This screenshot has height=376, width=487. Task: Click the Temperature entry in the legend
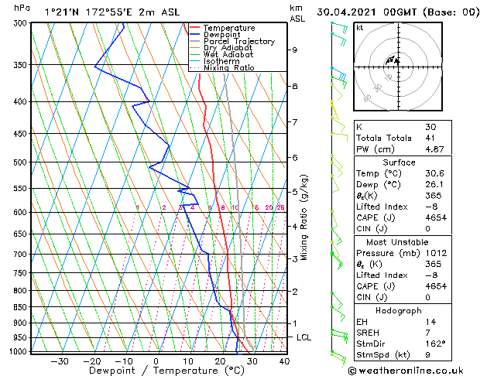coord(229,28)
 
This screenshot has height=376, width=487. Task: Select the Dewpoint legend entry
coord(224,35)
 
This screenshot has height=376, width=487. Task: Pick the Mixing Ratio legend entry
coord(228,68)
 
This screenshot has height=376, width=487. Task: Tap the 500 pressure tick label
coord(20,162)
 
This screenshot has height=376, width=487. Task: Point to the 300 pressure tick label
coord(20,23)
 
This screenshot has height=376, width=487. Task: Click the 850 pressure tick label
coord(20,307)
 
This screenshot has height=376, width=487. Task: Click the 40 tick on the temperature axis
coord(284,361)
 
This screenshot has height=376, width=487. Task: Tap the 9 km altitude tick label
coord(294,50)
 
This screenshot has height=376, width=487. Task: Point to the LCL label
coord(304,338)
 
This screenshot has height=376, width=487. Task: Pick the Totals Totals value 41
coord(430,137)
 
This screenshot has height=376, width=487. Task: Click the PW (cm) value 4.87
coord(434,149)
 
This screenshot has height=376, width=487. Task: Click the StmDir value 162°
coord(435,344)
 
